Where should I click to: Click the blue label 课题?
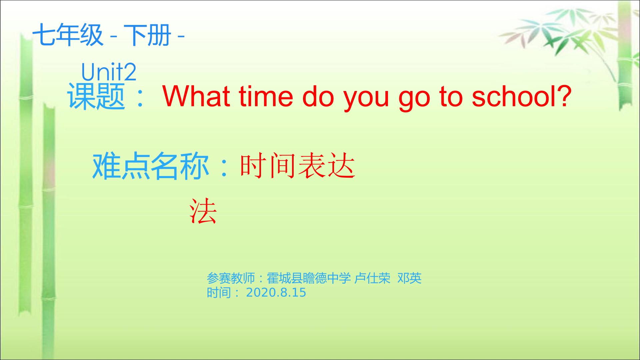[x=96, y=96]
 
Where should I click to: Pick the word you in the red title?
[x=366, y=99]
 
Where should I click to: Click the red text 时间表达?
[x=298, y=166]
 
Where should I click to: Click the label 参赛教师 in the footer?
[x=231, y=278]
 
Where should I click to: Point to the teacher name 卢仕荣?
[x=372, y=278]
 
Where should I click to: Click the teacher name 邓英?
[x=410, y=278]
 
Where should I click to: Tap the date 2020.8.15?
[x=276, y=293]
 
